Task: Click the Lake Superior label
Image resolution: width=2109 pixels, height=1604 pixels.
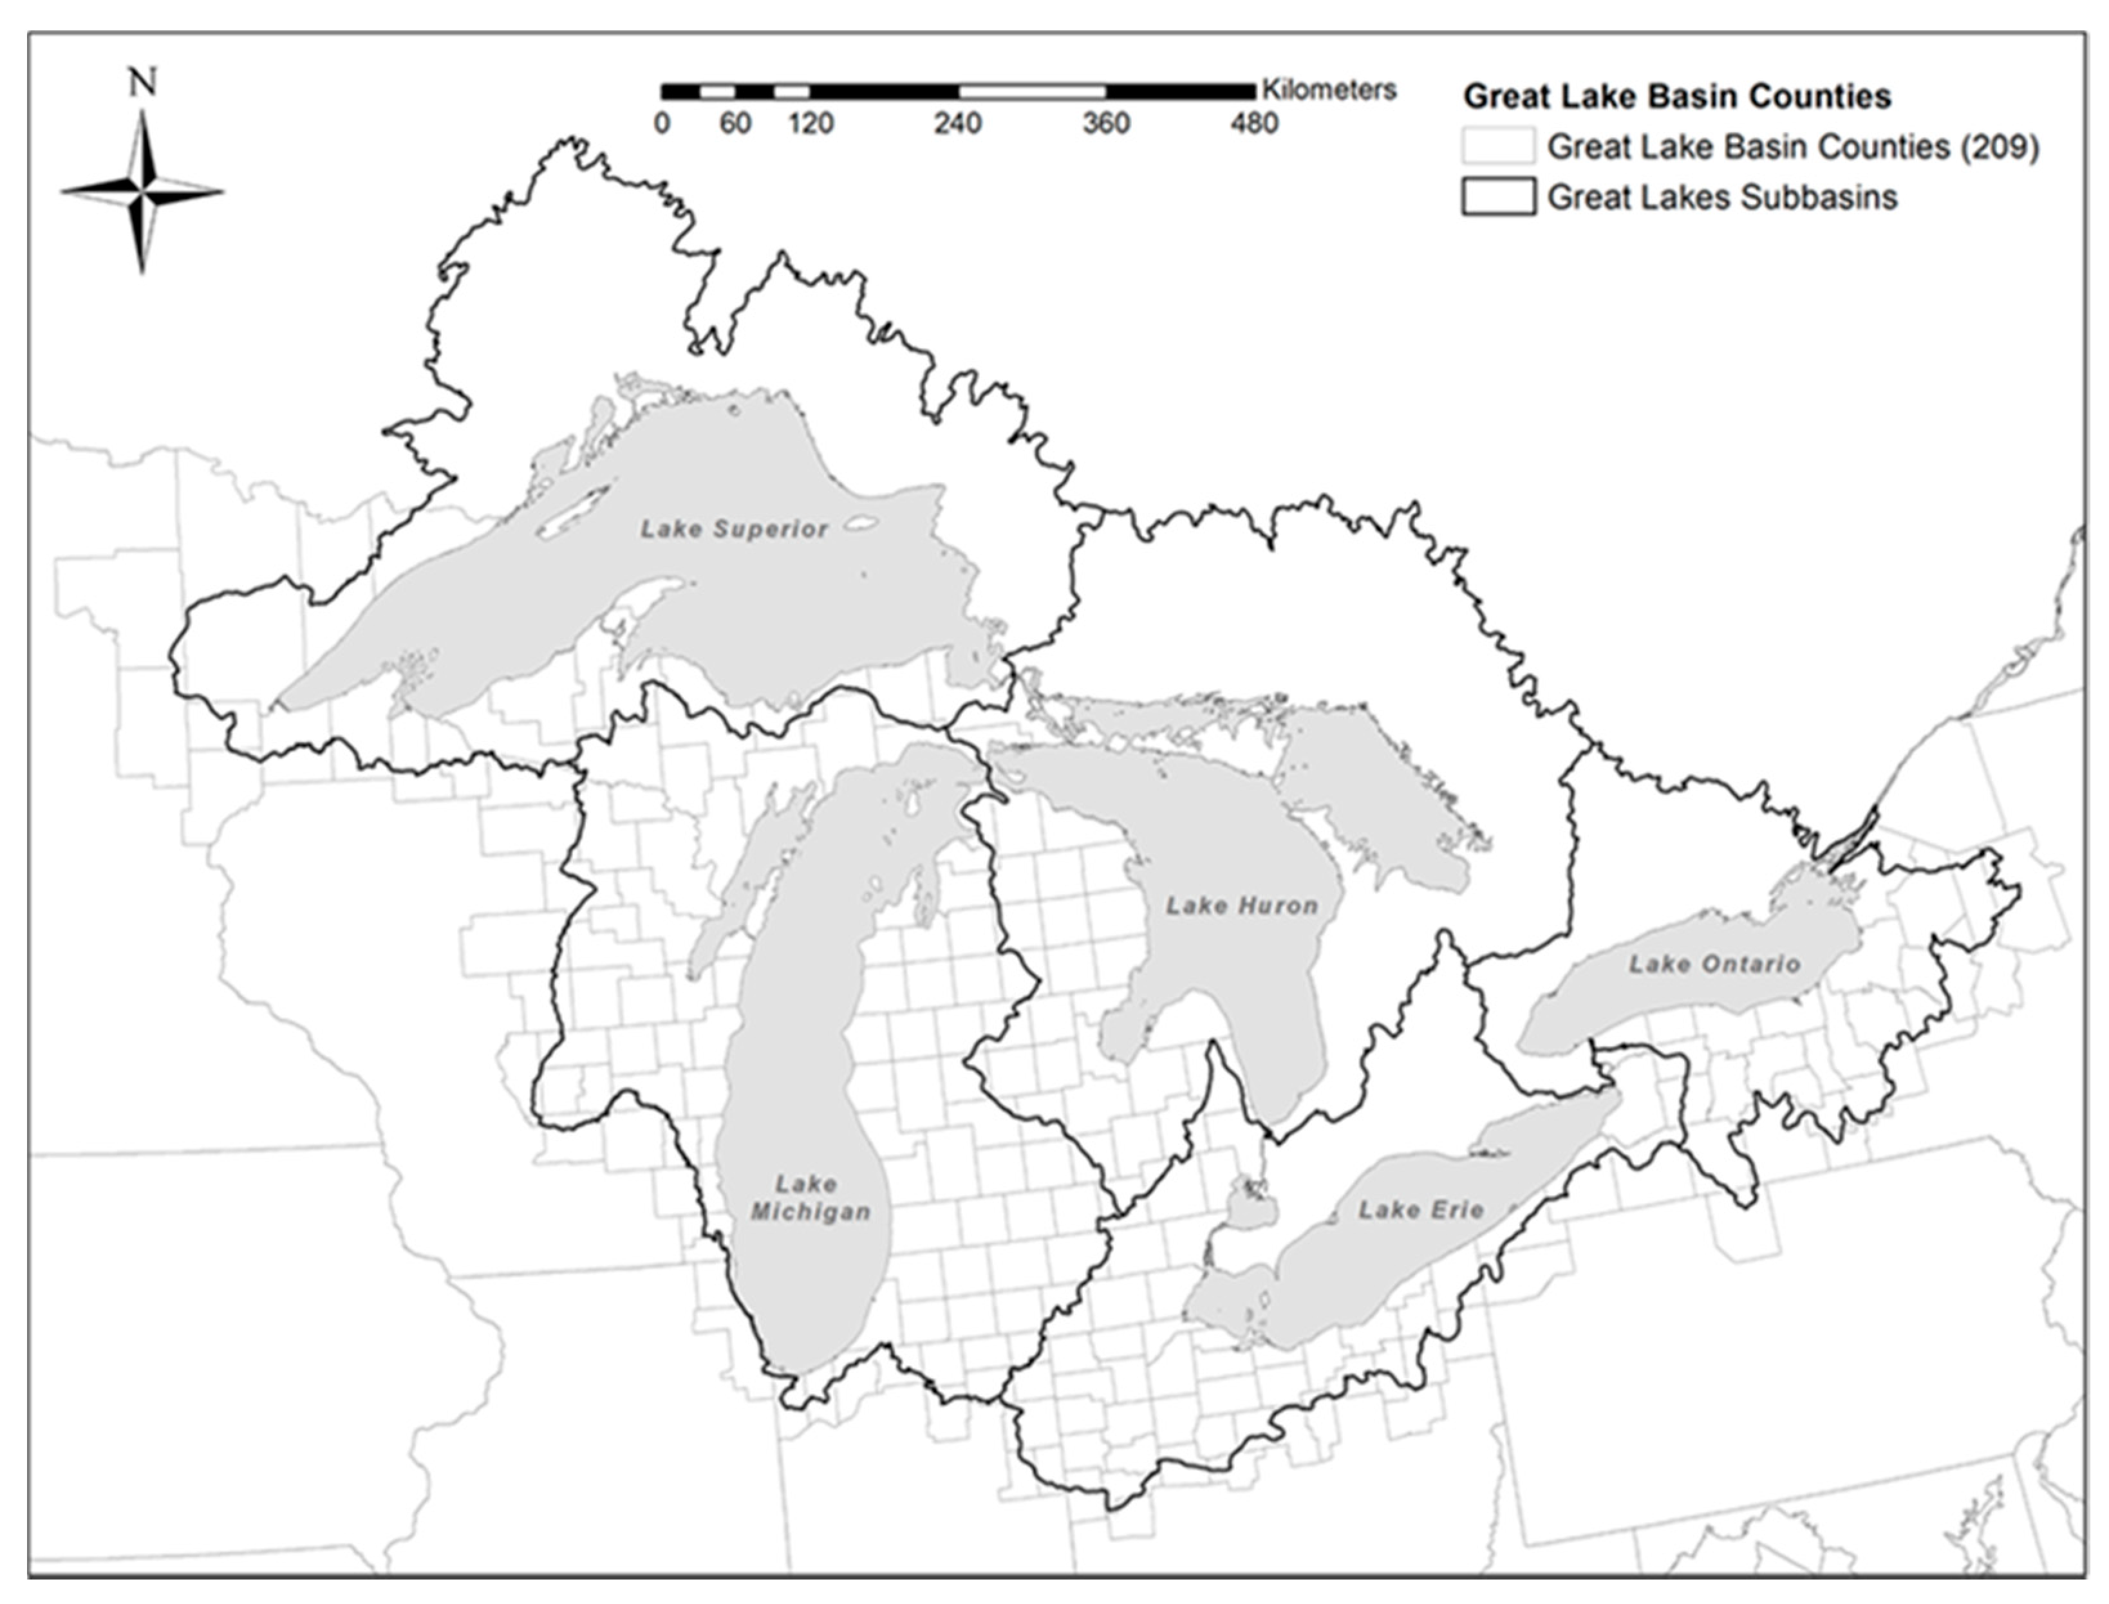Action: point(733,529)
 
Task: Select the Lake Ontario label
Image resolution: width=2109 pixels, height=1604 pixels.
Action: point(1714,964)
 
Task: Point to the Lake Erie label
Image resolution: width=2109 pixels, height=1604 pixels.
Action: point(1421,1209)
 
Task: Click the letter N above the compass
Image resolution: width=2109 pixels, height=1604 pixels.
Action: point(142,84)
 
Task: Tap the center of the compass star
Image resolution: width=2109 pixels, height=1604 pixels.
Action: point(142,192)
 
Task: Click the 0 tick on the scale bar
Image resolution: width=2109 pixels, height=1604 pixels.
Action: point(662,123)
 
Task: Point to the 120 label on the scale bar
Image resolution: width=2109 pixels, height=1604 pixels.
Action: point(811,123)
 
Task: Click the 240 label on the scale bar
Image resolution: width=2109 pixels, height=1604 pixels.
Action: point(957,123)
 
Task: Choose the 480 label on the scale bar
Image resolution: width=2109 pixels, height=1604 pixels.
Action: point(1253,123)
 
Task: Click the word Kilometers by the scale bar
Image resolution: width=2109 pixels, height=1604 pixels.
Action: point(1329,89)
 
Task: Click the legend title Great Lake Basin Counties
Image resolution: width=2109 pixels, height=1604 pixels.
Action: point(1676,97)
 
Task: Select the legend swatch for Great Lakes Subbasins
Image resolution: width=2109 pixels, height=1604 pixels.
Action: point(1498,197)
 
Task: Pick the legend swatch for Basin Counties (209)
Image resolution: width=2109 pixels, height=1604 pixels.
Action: point(1498,146)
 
